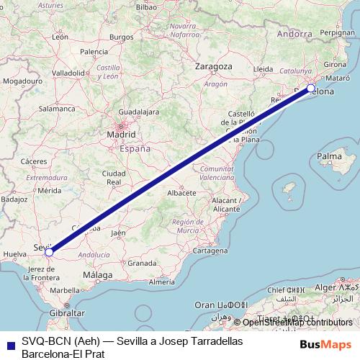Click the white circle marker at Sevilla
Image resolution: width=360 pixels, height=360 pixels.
49,253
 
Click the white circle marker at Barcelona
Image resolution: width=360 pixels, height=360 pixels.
311,89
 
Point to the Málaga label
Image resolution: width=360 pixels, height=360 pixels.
97,275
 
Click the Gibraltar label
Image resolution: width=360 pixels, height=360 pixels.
66,314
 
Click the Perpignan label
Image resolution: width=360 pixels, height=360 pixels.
339,32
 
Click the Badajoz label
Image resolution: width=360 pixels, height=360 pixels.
14,198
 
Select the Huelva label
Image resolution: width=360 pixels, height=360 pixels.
14,254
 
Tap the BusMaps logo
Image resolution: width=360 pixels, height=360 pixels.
326,345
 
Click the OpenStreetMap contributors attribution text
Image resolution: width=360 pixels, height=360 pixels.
297,323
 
